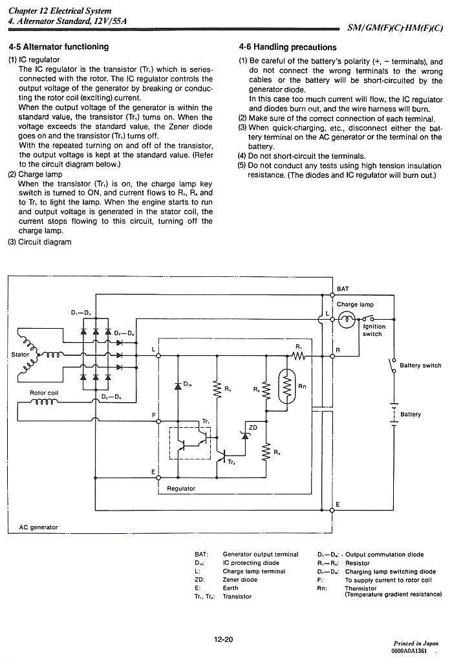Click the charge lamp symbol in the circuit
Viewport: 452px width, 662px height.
click(x=347, y=319)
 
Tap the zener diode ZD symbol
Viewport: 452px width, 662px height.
click(x=245, y=436)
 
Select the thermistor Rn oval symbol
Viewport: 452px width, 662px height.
click(x=287, y=385)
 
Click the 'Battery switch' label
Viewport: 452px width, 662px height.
click(x=420, y=365)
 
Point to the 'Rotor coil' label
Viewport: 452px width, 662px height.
click(x=44, y=393)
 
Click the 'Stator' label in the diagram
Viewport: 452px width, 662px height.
click(x=20, y=354)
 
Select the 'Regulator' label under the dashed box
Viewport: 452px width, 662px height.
click(x=181, y=489)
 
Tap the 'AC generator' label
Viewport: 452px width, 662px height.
click(x=38, y=527)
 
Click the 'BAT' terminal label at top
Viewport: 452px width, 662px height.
click(x=343, y=289)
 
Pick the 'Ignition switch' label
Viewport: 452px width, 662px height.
click(x=374, y=330)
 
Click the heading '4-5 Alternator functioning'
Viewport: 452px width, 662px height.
click(x=59, y=47)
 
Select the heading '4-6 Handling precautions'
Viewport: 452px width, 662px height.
click(x=287, y=47)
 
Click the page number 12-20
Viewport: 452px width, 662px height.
click(x=223, y=639)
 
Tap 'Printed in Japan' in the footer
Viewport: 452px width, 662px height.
click(x=416, y=643)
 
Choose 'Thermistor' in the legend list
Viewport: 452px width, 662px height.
click(x=360, y=588)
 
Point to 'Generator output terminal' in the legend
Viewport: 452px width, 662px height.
click(x=261, y=555)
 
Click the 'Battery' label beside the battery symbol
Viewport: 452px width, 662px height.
click(x=411, y=414)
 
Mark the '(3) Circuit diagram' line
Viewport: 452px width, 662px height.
click(x=39, y=242)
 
